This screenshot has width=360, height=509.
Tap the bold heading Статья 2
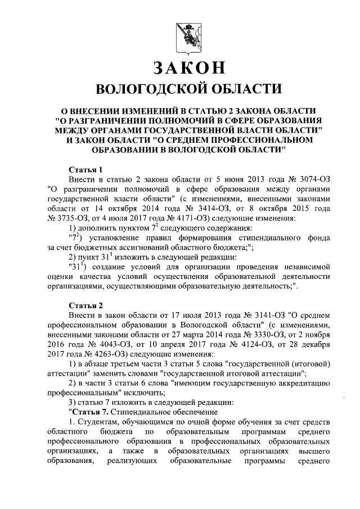click(x=84, y=305)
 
